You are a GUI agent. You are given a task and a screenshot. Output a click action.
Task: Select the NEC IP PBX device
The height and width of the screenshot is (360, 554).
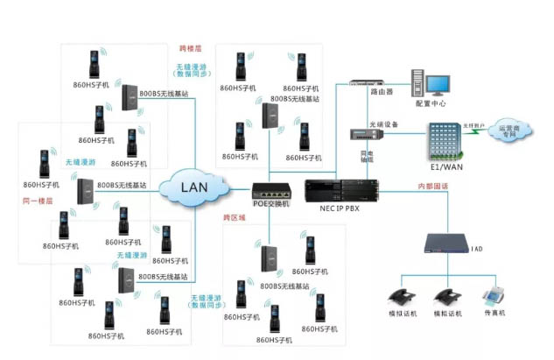pyautogui.click(x=341, y=189)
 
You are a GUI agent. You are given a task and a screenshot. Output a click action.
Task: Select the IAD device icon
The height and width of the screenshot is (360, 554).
pyautogui.click(x=450, y=241)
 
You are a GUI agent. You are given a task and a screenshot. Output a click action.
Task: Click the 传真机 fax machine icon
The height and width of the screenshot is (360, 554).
pyautogui.click(x=495, y=298)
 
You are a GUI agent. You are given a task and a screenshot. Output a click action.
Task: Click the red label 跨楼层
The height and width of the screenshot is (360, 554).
pyautogui.click(x=190, y=48)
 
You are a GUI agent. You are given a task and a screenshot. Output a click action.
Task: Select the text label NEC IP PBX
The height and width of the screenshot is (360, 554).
pyautogui.click(x=341, y=210)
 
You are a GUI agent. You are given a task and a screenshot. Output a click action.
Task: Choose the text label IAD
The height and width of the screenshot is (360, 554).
pyautogui.click(x=476, y=248)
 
